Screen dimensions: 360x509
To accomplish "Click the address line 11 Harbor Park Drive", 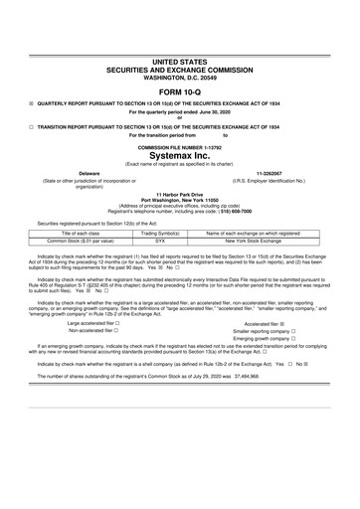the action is click(179, 194).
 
